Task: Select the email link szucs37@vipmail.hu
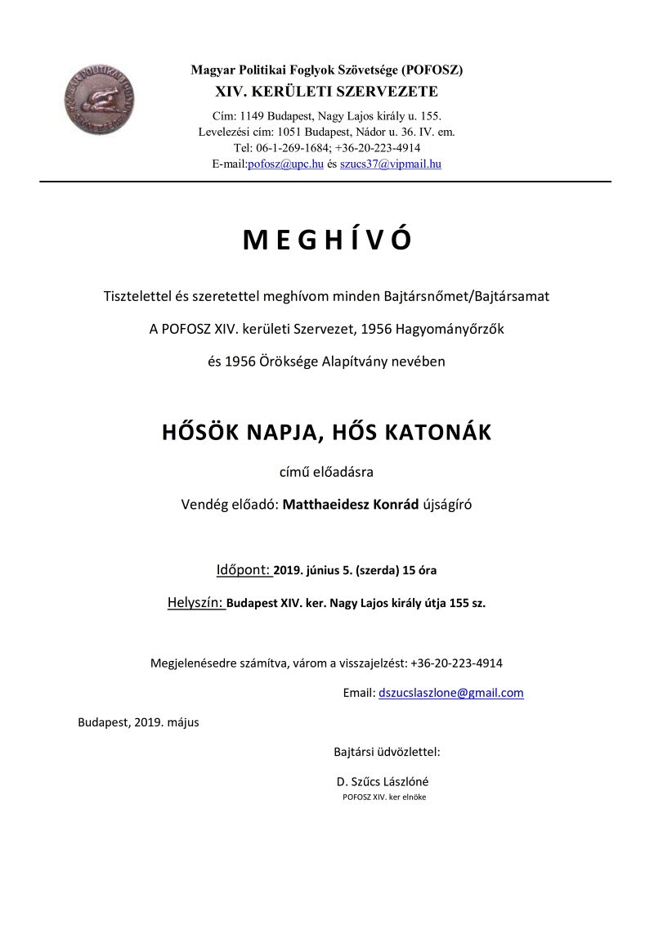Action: (391, 164)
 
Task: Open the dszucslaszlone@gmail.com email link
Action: (450, 693)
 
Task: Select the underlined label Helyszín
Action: (195, 603)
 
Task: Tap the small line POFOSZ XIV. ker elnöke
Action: (384, 797)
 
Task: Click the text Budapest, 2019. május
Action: (138, 722)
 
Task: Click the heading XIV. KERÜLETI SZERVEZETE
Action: (326, 91)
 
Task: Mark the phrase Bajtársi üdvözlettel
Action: (387, 751)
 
